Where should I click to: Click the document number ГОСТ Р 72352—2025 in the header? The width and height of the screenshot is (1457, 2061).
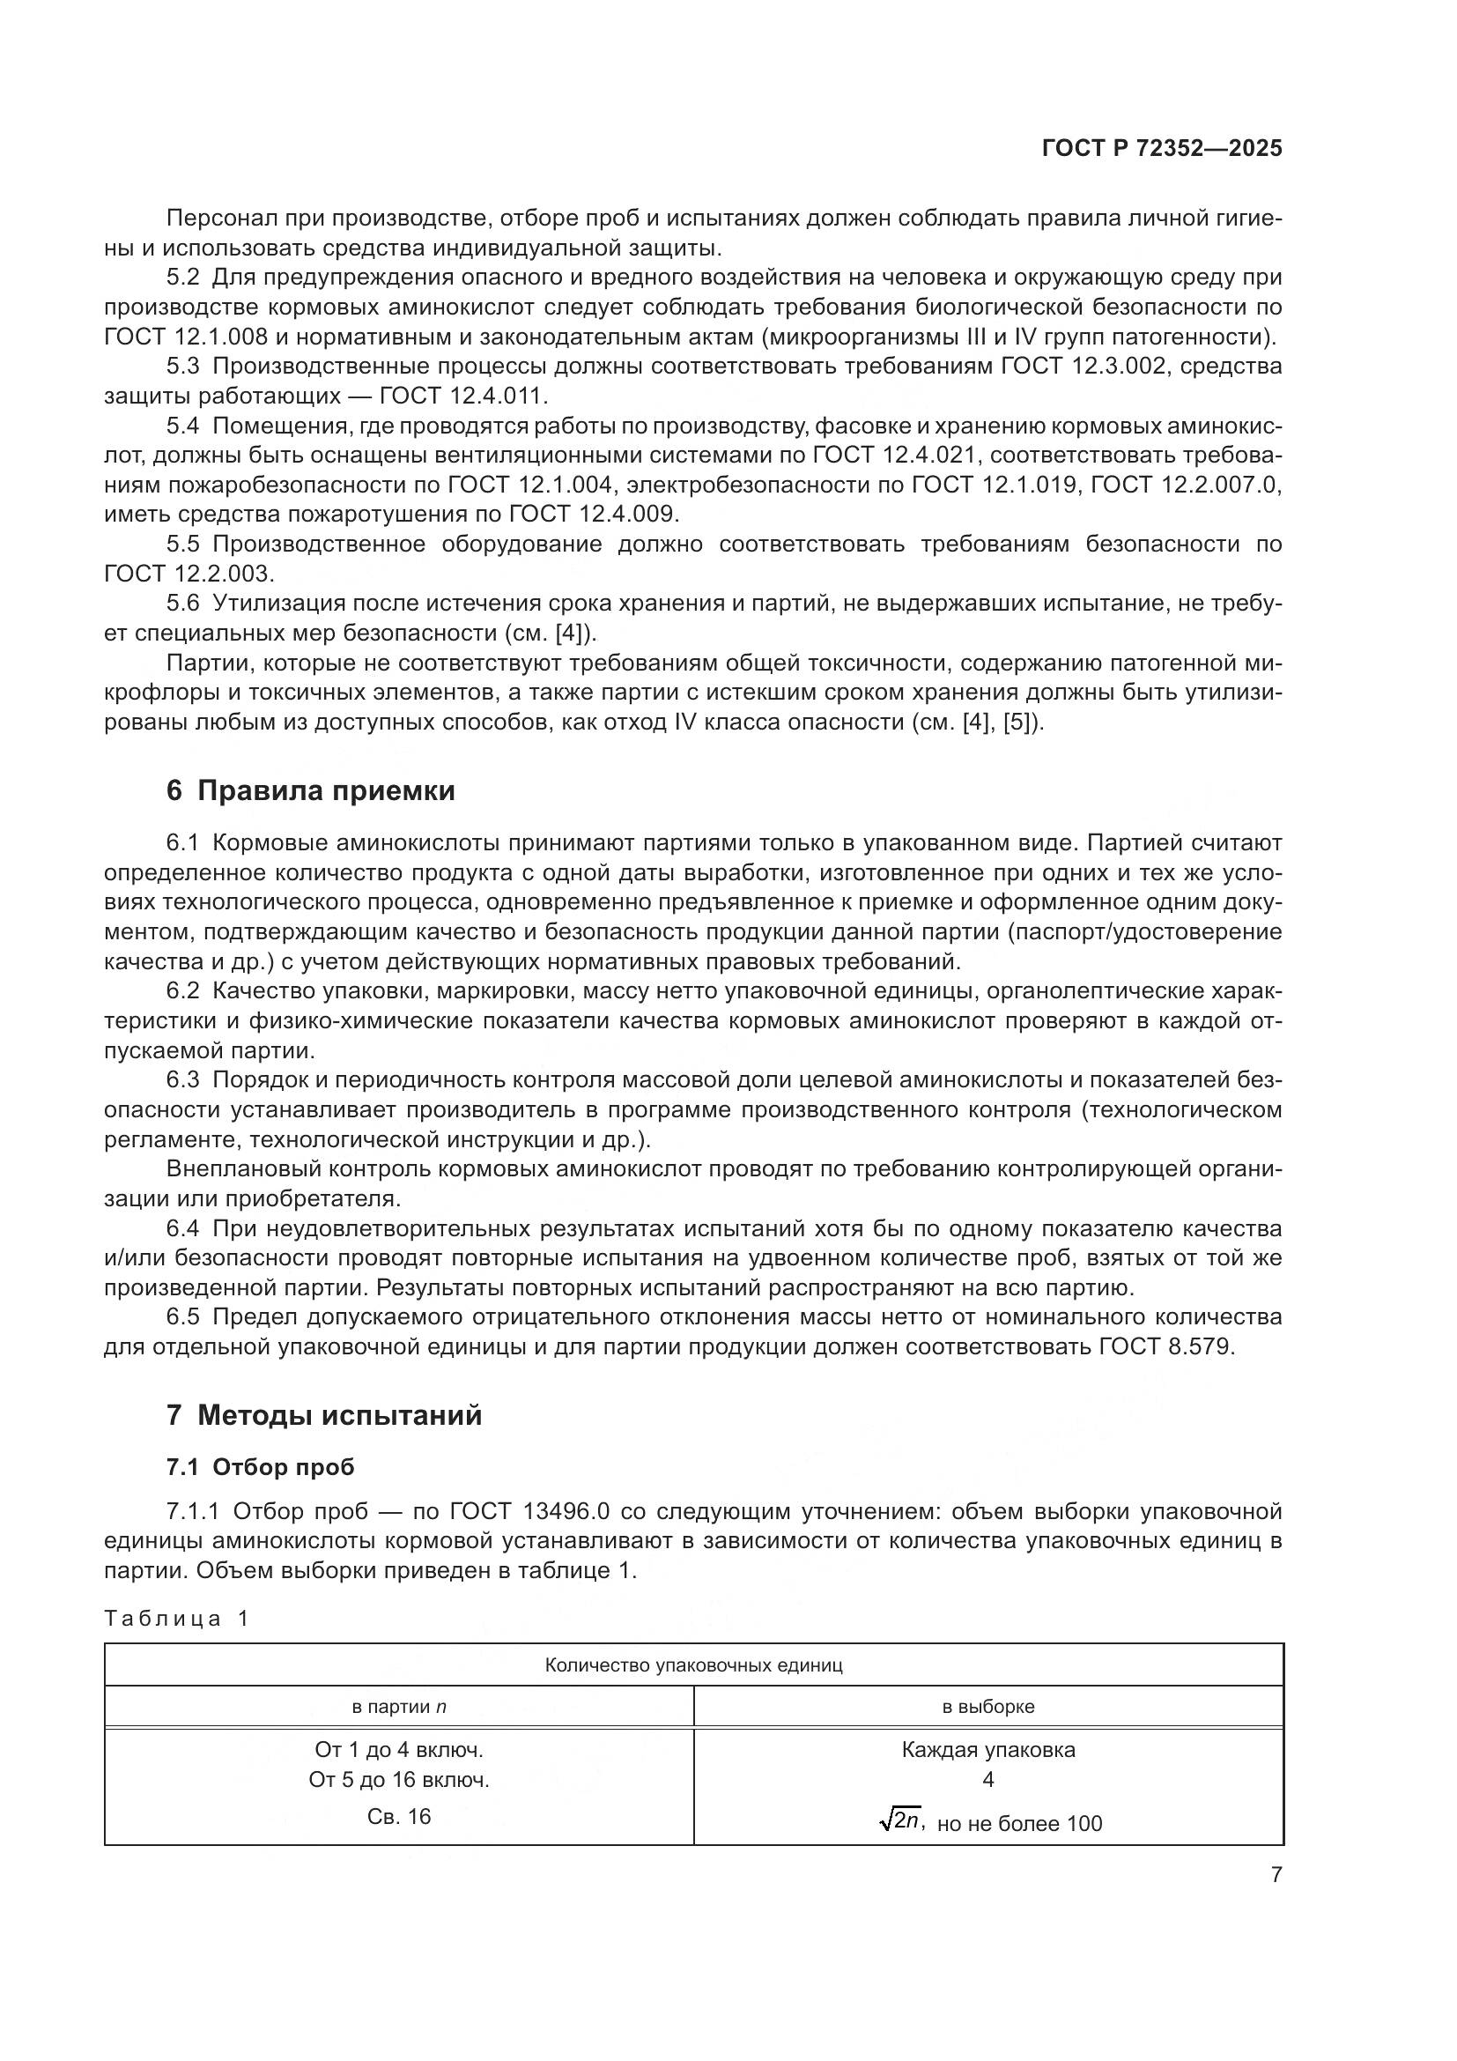[x=1162, y=149]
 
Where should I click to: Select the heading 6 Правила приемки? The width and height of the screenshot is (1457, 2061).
[x=310, y=790]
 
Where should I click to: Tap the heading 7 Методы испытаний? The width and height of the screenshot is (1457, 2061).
[x=324, y=1416]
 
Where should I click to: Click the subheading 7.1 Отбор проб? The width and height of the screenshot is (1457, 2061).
[x=260, y=1467]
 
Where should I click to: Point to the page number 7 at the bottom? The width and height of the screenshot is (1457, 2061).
[x=1276, y=1875]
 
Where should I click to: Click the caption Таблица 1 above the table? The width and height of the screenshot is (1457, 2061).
[x=176, y=1619]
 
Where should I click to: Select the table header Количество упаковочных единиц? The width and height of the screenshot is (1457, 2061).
[x=693, y=1666]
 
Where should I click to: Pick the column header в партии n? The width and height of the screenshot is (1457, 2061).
[x=399, y=1707]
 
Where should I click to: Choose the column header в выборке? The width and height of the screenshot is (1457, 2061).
[x=987, y=1707]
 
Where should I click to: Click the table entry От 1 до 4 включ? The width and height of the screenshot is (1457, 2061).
[x=399, y=1750]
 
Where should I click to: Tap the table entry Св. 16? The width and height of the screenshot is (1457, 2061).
[x=399, y=1817]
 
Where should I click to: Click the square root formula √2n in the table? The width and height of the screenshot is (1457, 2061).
[x=901, y=1820]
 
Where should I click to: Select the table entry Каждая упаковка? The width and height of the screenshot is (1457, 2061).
[x=987, y=1750]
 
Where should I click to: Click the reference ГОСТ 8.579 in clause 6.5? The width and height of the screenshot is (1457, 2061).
[x=1165, y=1347]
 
